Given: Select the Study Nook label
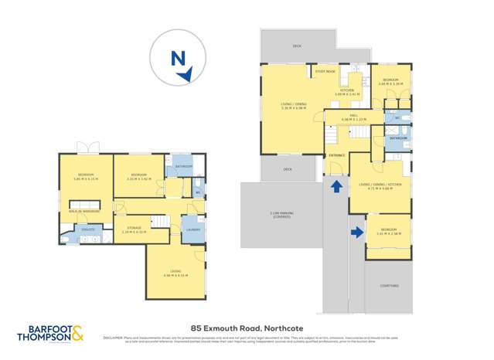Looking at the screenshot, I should click(x=325, y=71).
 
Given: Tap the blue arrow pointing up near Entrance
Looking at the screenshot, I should click(x=336, y=186).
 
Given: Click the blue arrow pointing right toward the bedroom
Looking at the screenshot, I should click(x=357, y=231).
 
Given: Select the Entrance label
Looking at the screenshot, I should click(x=336, y=155).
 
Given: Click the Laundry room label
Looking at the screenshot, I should click(x=192, y=229).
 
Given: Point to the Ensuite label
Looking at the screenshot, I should click(x=87, y=229).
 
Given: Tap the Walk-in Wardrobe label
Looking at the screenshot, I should click(x=82, y=211).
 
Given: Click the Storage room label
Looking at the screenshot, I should click(x=135, y=227).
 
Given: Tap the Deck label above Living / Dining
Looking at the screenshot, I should click(x=298, y=46).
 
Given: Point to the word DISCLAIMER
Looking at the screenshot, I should click(x=114, y=337).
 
